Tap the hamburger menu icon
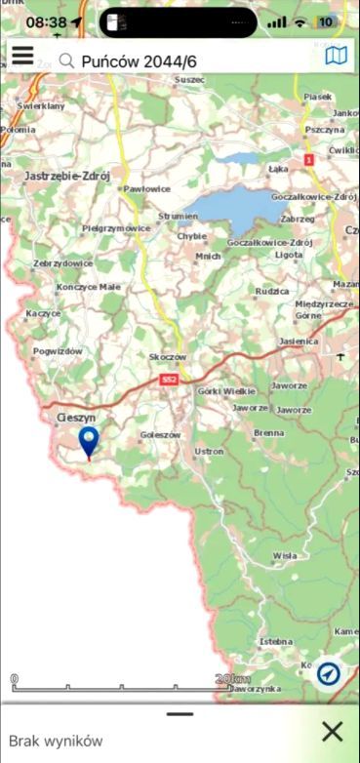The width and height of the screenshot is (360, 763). (x=21, y=57)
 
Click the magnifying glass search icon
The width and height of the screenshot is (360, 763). (x=66, y=60)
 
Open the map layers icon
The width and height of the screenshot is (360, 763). (x=336, y=57)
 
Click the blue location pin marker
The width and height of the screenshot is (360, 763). (x=89, y=441)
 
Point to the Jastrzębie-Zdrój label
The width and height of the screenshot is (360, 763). (x=64, y=176)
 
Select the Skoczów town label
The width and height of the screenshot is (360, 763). (x=167, y=358)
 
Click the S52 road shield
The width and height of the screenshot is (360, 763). (x=170, y=379)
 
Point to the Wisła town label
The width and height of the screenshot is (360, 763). (x=284, y=555)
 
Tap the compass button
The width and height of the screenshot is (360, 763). (x=328, y=673)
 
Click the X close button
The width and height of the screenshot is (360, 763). (x=333, y=732)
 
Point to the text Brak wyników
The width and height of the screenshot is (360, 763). (x=56, y=741)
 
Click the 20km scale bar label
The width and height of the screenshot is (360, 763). (x=233, y=679)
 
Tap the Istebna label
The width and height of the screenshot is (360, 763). (x=274, y=642)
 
